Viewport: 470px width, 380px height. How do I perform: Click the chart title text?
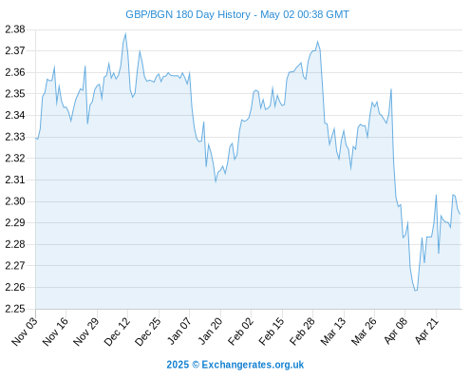click(x=237, y=14)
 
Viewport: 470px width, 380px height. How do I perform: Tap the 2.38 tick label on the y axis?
click(x=15, y=29)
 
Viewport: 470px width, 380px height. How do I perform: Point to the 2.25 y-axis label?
click(x=15, y=309)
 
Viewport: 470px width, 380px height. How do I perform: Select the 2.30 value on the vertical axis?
click(x=15, y=201)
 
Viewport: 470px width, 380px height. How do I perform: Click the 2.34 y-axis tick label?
click(x=15, y=115)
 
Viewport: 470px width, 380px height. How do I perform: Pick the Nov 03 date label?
click(x=25, y=332)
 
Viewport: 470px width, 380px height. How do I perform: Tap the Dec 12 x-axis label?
click(x=117, y=332)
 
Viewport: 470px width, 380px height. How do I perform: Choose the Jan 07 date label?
click(x=179, y=332)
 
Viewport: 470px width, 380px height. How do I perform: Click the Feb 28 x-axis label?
click(x=302, y=332)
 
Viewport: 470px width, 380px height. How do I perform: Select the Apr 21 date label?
click(x=426, y=332)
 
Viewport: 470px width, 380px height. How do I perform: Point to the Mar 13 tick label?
click(x=332, y=332)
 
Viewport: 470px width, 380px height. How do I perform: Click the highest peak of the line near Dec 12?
click(x=125, y=33)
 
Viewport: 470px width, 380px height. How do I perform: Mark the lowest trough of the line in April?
click(x=416, y=291)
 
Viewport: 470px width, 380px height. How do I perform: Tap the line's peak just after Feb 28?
click(x=318, y=42)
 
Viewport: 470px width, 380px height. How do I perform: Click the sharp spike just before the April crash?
click(x=391, y=89)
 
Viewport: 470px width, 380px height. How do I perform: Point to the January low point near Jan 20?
click(x=216, y=181)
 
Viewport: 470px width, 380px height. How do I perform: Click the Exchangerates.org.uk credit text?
click(x=253, y=365)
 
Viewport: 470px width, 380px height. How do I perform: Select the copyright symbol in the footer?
click(x=196, y=365)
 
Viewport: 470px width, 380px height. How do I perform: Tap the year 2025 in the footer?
click(x=178, y=365)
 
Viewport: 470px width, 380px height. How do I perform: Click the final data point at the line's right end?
click(x=460, y=214)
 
